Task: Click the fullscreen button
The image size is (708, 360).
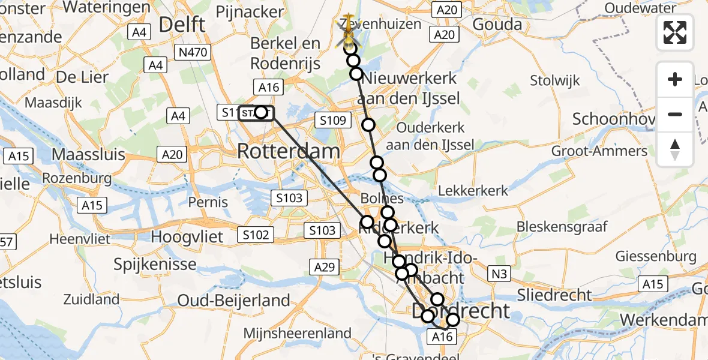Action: [x=675, y=32]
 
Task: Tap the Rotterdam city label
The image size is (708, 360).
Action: [x=289, y=151]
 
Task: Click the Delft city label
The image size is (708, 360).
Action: [x=182, y=25]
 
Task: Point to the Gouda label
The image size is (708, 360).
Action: [x=497, y=24]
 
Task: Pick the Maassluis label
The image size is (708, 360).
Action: [x=88, y=154]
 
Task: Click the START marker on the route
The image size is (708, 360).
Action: [x=256, y=112]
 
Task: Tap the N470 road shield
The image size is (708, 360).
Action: [x=193, y=53]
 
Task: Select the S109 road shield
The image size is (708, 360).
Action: [x=332, y=121]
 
